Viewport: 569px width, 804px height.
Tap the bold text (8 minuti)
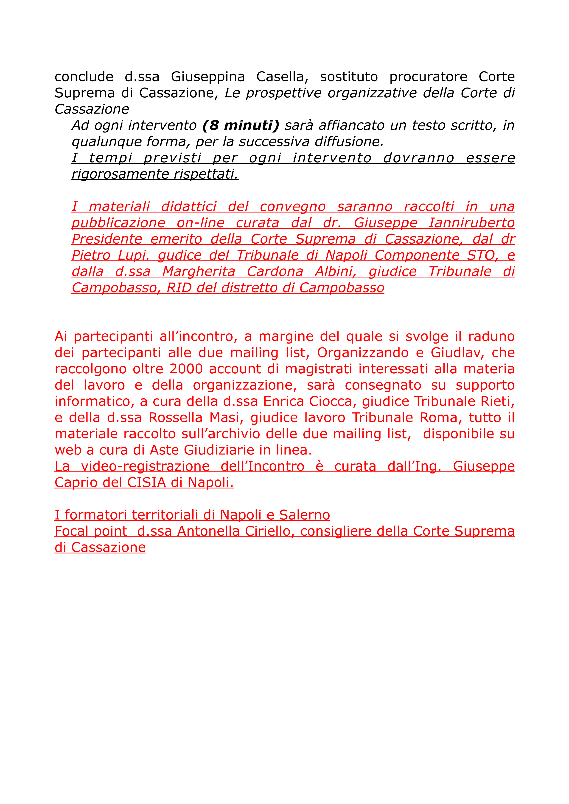click(241, 125)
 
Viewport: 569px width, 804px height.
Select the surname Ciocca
click(331, 401)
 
